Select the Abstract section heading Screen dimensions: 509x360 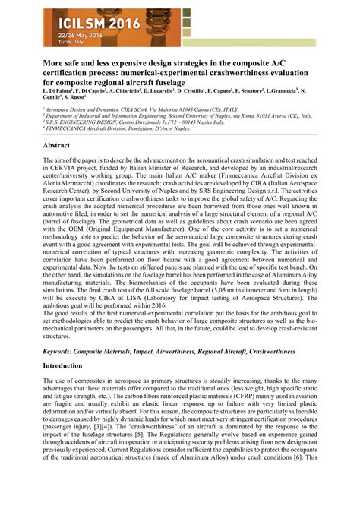pyautogui.click(x=58, y=144)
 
